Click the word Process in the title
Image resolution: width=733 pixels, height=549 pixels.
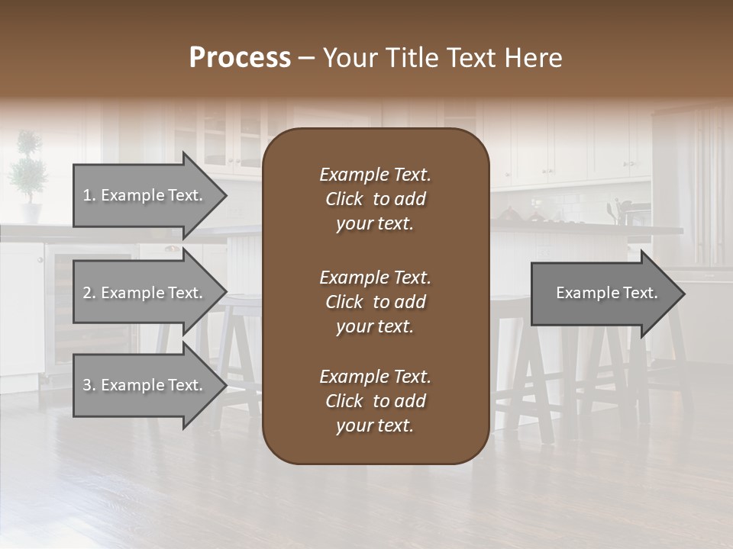240,58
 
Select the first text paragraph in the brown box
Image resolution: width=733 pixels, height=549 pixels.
375,199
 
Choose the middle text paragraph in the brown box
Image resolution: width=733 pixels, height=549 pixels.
375,302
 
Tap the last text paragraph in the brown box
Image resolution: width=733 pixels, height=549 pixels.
375,401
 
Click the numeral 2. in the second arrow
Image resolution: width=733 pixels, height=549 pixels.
89,293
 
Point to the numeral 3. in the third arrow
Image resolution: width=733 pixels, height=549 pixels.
89,385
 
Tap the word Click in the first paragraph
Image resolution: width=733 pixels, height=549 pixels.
344,199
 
